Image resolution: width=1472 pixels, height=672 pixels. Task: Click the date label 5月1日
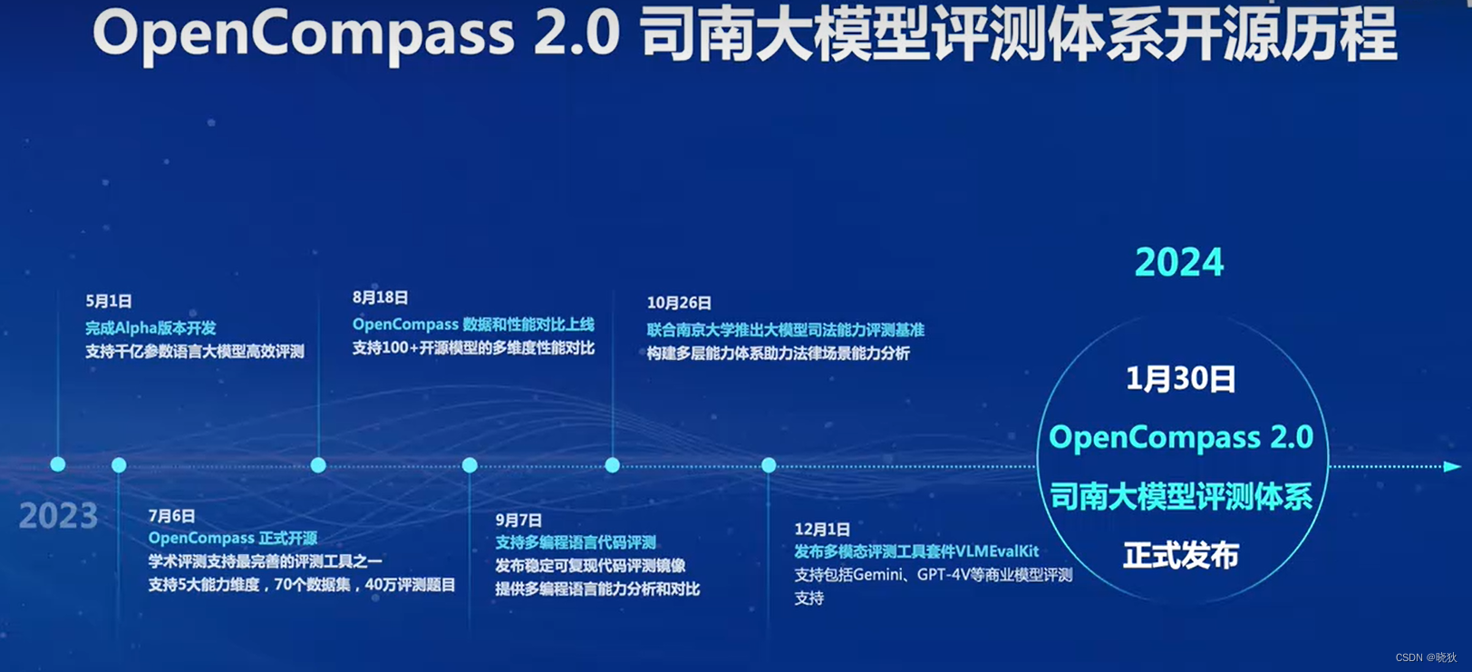click(109, 301)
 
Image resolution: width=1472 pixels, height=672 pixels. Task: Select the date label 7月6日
click(171, 516)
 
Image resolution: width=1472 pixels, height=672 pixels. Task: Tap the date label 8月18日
click(380, 297)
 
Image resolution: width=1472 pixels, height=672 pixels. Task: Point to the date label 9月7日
click(518, 521)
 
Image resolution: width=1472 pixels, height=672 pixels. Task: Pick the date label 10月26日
click(679, 303)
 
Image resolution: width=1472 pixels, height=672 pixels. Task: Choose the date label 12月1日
click(822, 530)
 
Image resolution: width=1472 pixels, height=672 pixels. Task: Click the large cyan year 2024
click(1178, 263)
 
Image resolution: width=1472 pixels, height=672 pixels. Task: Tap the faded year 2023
click(58, 516)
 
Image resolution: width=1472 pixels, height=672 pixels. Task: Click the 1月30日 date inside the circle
click(1180, 379)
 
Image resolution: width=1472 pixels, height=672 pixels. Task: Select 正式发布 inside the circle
click(1180, 555)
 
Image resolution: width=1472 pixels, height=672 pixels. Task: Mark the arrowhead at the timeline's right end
click(1451, 466)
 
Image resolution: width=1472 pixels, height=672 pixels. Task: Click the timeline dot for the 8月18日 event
click(318, 465)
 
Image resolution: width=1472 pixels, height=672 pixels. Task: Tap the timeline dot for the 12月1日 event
click(769, 465)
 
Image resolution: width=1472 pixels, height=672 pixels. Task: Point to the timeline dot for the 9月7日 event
click(470, 465)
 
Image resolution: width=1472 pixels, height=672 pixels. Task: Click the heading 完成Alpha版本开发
click(150, 328)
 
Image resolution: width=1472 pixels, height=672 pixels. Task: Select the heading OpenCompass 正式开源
click(233, 539)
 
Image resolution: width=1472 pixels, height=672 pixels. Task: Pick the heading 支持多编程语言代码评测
click(576, 543)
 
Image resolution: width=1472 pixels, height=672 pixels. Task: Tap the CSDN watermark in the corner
click(1426, 657)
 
